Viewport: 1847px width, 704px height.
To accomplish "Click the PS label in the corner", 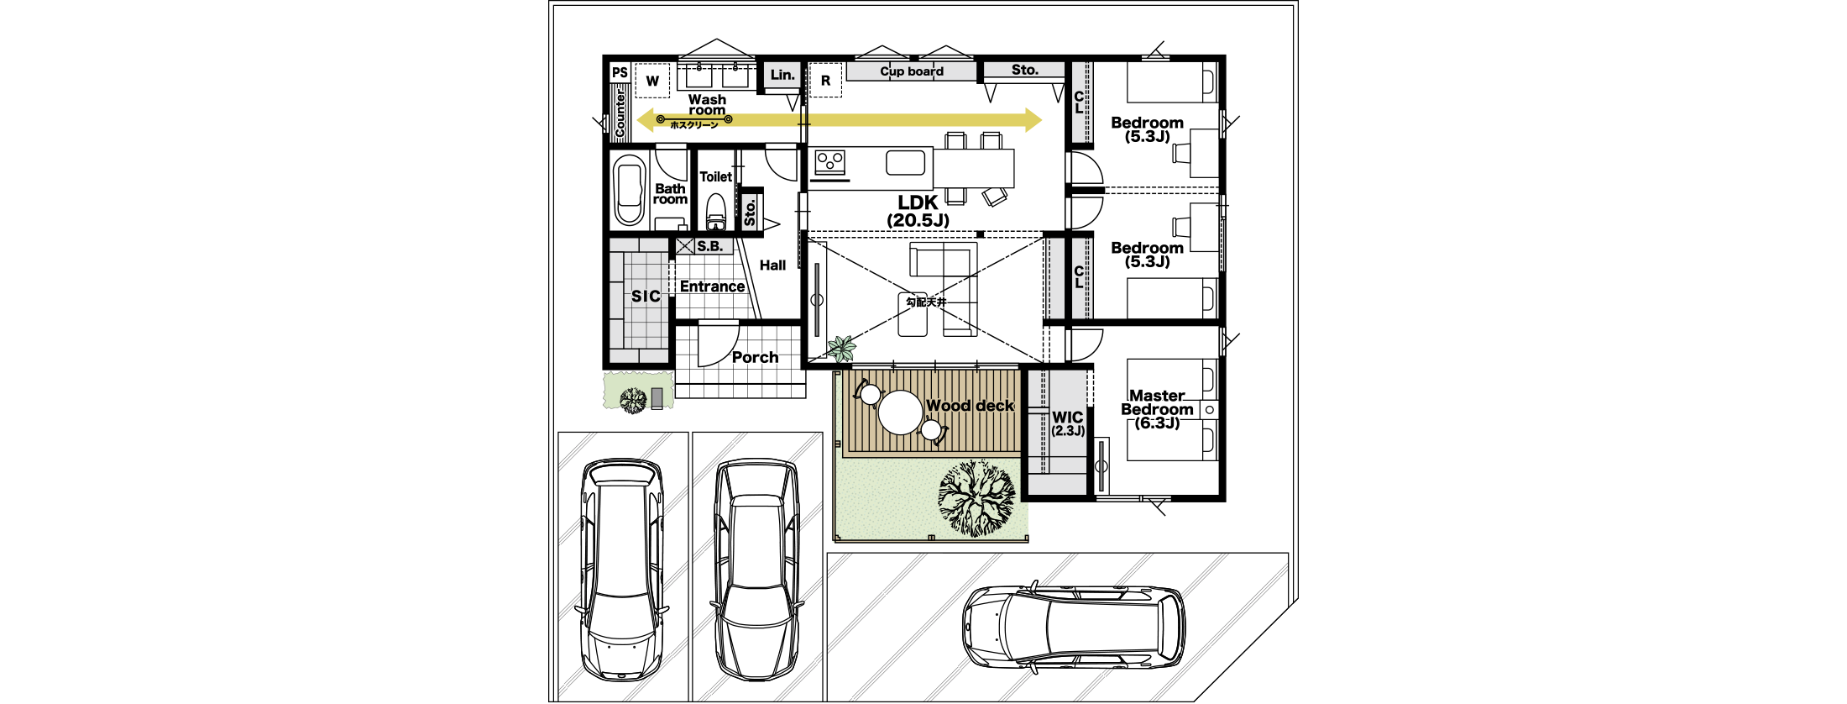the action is click(x=620, y=73).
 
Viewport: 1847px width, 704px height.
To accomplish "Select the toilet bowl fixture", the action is click(x=715, y=212).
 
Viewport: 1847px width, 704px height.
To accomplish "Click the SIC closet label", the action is click(x=646, y=297).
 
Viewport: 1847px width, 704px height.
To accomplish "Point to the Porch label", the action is click(x=755, y=357).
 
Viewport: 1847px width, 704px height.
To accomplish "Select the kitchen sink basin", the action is click(x=905, y=162).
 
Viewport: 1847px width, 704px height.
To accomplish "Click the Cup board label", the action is click(x=912, y=71).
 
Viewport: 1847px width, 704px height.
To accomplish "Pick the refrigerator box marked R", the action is click(x=825, y=81).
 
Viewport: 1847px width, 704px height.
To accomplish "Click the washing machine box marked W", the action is click(x=652, y=81).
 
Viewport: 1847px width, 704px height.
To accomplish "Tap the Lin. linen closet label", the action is click(x=782, y=75).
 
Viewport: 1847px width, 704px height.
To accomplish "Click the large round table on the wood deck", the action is click(x=901, y=412).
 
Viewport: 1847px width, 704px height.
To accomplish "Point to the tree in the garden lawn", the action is click(x=977, y=497).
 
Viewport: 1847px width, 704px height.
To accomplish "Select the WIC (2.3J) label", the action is click(x=1068, y=423).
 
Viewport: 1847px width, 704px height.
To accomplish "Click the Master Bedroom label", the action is click(x=1157, y=409).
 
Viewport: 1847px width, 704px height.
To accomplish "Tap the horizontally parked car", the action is click(x=1075, y=627).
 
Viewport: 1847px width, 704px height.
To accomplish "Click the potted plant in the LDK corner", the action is click(x=841, y=348).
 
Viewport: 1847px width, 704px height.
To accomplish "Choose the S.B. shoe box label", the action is click(x=709, y=246).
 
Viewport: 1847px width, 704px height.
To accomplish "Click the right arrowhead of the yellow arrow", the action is click(x=1033, y=119).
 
